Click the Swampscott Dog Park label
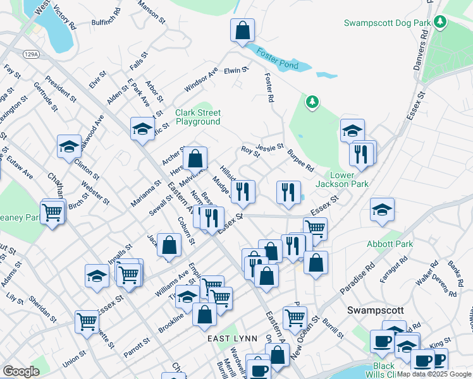(x=387, y=23)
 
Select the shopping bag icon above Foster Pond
(x=242, y=31)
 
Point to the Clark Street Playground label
(x=198, y=117)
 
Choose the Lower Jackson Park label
(x=349, y=179)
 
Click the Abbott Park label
(x=390, y=244)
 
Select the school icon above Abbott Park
(x=382, y=210)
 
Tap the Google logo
(x=21, y=371)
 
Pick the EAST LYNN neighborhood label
(x=233, y=339)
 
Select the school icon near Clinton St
(x=69, y=147)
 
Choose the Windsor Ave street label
(x=201, y=79)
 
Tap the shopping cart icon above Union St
(x=87, y=321)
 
